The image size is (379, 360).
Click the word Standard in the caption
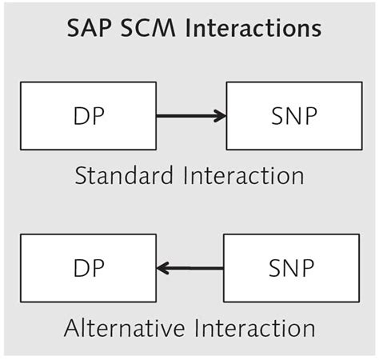coord(125,175)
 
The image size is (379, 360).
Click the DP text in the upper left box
coord(88,116)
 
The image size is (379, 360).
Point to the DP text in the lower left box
coord(88,268)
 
